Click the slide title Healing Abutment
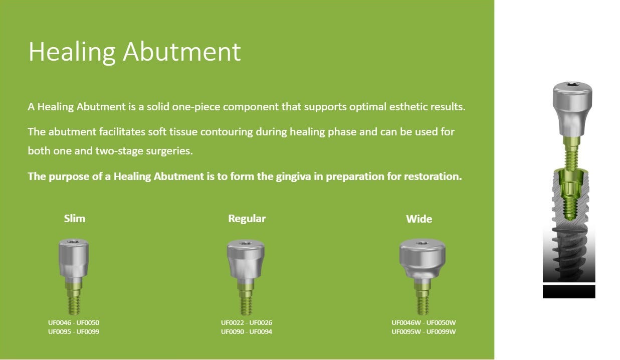tap(134, 52)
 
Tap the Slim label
tap(75, 219)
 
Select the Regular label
tap(247, 219)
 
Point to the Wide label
tap(419, 219)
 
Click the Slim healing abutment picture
tap(74, 276)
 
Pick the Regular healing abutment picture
tap(246, 276)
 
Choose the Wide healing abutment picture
tap(423, 276)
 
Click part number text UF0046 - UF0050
tap(74, 322)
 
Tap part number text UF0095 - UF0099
tap(74, 331)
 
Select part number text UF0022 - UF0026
tap(247, 322)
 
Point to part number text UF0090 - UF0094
tap(247, 331)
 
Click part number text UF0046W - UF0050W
tap(424, 322)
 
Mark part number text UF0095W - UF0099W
tap(424, 331)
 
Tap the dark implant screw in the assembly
tap(568, 251)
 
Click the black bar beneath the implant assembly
tap(569, 291)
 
